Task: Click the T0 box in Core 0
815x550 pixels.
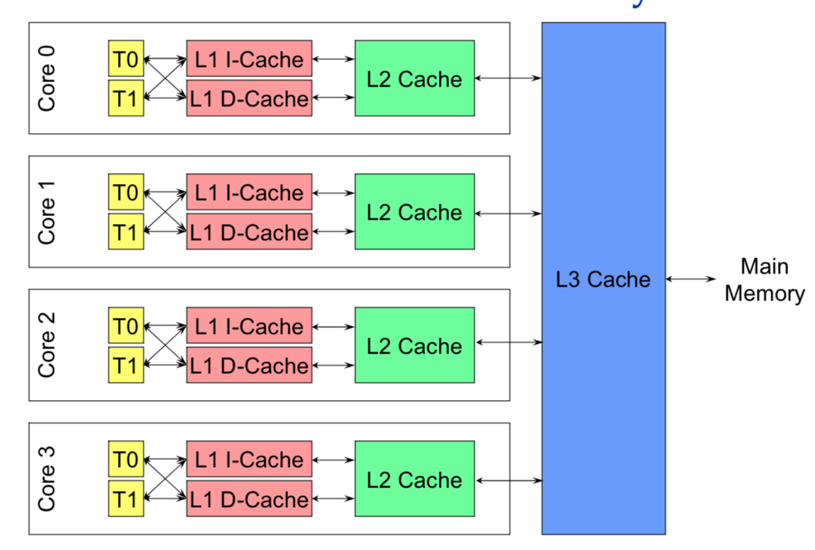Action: coord(126,59)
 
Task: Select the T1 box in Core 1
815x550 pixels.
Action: coord(126,232)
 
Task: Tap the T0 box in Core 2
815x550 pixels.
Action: coord(126,326)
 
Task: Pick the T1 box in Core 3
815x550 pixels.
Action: coord(126,499)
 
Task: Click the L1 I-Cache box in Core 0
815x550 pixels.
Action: coord(249,59)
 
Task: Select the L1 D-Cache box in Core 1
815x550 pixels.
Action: coord(249,232)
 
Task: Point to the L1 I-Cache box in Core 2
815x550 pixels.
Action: coord(249,326)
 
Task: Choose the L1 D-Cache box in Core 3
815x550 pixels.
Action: coord(249,499)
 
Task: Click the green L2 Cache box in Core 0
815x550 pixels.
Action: coord(414,79)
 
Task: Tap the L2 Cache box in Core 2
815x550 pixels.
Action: coord(414,346)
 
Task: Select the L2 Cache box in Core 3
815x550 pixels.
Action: coord(414,479)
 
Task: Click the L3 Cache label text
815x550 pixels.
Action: coord(603,279)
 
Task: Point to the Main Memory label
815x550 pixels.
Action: coord(764,280)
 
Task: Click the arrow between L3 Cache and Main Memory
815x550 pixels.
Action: coord(692,279)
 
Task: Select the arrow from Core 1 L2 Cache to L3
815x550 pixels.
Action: coord(508,213)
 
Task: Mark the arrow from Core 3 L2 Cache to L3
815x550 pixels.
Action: coord(508,480)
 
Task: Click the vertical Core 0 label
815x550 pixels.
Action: coord(47,79)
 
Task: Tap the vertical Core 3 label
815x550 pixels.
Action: coord(47,479)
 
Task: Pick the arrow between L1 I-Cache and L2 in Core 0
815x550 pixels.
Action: coord(333,59)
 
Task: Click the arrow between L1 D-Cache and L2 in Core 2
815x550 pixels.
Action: coord(333,366)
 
